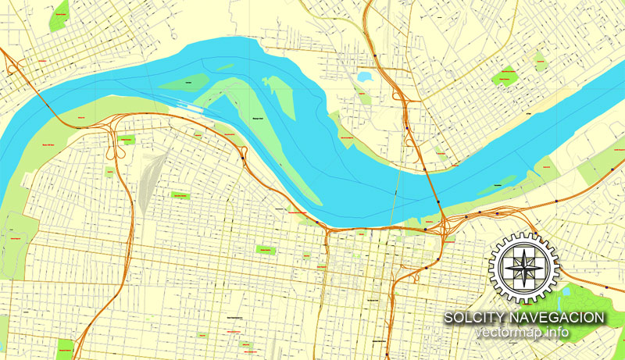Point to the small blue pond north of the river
pos(364,77)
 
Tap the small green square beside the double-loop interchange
pos(127,140)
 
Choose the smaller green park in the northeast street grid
pos(537,59)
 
